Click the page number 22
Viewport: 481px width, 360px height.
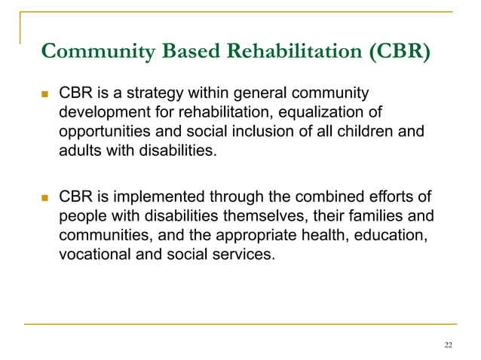coord(449,345)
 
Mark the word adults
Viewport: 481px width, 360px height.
coord(81,150)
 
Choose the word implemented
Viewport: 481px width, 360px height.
coord(161,197)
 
